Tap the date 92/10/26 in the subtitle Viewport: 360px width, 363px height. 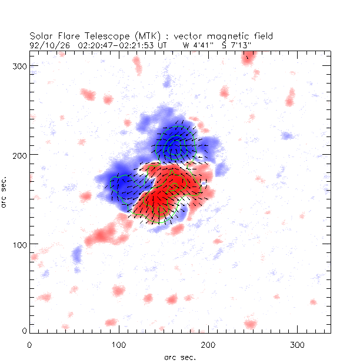[46, 44]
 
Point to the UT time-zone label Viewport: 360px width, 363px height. [163, 44]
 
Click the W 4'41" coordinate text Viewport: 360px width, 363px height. [197, 44]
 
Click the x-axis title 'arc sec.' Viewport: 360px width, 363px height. [180, 357]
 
